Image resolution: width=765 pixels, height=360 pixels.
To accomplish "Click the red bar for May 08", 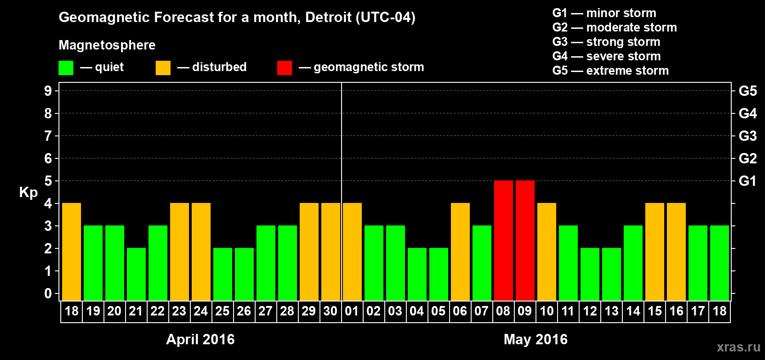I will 504,240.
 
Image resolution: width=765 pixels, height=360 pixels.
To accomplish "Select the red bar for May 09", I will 525,240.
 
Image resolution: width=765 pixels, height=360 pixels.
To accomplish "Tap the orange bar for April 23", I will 180,252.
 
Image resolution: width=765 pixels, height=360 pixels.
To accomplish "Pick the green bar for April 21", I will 136,274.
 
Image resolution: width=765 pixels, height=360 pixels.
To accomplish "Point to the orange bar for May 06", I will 460,252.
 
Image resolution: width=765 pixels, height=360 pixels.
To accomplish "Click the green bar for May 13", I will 612,274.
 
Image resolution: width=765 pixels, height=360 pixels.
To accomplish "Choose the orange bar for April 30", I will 331,252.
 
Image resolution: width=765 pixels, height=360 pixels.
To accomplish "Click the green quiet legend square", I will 66,68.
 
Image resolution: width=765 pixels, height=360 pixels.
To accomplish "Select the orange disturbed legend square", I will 163,68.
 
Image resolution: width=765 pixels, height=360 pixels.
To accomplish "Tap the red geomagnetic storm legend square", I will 284,68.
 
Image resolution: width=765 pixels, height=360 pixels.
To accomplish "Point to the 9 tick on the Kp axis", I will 48,91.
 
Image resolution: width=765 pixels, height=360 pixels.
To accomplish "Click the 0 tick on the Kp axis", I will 48,294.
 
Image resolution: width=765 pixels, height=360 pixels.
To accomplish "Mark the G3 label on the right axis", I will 747,136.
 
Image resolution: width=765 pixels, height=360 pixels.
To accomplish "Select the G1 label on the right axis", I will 747,181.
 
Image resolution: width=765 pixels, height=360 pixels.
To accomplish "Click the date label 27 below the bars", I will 265,311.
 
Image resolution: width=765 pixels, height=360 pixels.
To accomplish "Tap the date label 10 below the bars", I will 546,311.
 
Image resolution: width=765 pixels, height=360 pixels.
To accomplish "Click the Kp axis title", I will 28,193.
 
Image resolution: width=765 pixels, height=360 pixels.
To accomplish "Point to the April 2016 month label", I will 200,339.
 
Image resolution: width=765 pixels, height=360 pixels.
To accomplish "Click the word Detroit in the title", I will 328,18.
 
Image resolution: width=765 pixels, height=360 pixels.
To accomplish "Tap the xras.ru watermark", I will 738,347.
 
